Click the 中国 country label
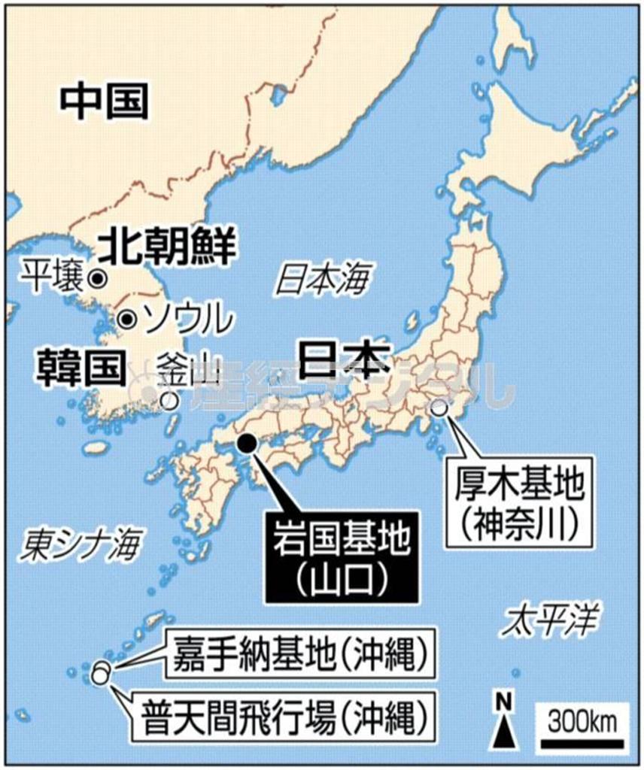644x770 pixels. point(104,102)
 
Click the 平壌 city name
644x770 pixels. point(51,276)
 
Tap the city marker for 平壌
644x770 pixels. point(96,278)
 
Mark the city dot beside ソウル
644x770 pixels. point(128,319)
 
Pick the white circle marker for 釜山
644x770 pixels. point(170,400)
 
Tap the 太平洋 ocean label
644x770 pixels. point(553,621)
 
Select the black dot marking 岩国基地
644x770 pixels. point(246,443)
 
